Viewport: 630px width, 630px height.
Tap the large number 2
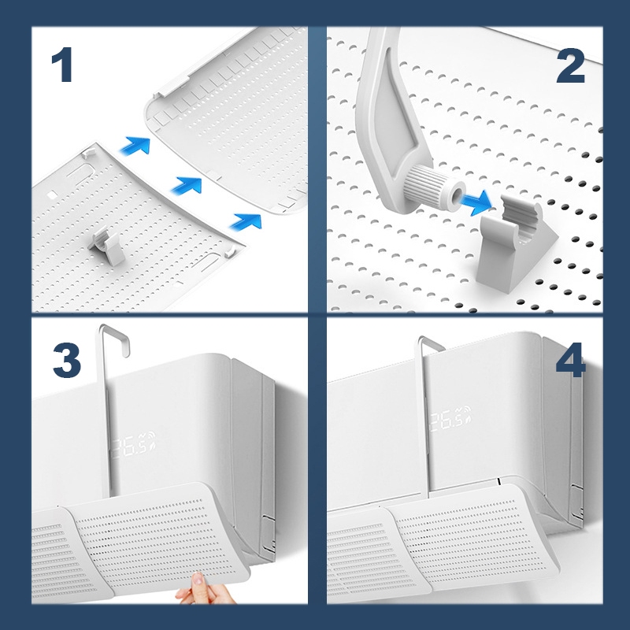[x=570, y=66]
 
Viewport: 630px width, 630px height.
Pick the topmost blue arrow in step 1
[x=136, y=145]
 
